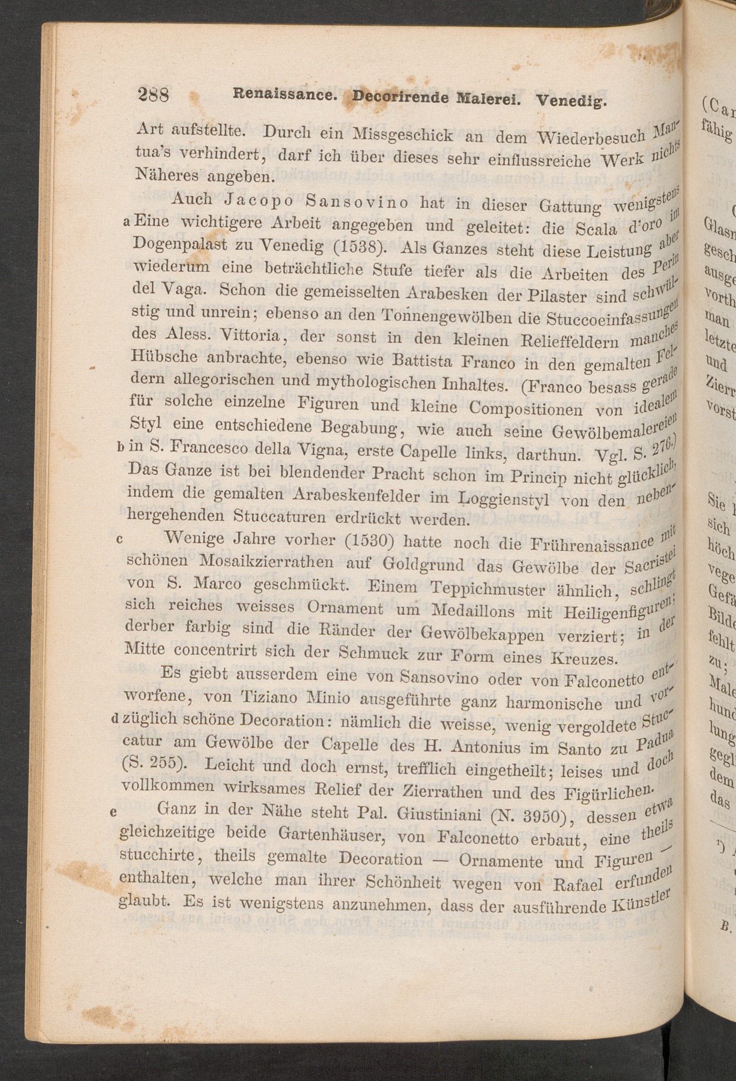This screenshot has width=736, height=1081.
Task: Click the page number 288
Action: (153, 95)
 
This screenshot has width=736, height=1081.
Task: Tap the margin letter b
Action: (121, 447)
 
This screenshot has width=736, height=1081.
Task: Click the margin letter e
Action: (113, 812)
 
